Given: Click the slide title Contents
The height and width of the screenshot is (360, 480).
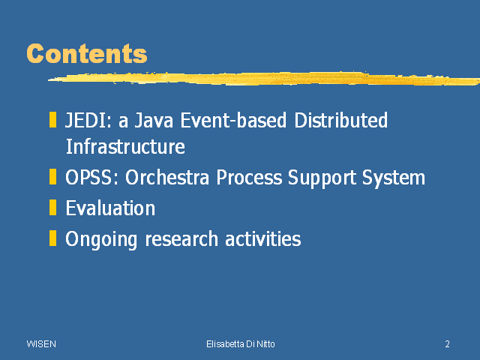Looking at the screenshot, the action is click(x=87, y=53).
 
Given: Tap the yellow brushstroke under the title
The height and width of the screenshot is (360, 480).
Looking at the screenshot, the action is click(x=264, y=78).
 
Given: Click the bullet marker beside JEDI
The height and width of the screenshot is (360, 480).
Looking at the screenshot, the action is click(x=52, y=120).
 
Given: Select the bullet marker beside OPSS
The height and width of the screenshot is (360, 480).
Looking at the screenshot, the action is click(x=52, y=177).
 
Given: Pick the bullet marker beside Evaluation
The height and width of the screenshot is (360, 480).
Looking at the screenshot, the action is click(x=52, y=207).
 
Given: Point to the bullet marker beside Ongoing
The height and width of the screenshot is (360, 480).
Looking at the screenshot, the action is click(x=52, y=238).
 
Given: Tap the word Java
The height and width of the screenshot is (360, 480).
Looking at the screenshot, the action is click(x=154, y=120).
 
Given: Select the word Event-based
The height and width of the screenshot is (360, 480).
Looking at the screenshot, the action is click(x=233, y=120).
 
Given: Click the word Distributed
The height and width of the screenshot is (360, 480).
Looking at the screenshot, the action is click(x=340, y=120).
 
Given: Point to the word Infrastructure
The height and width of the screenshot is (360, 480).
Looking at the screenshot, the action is click(x=125, y=146).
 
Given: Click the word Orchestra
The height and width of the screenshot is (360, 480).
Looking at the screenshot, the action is click(x=166, y=177).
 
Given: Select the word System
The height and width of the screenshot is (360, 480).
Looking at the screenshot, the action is click(x=394, y=178).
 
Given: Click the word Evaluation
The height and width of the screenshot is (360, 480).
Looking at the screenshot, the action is click(x=110, y=208).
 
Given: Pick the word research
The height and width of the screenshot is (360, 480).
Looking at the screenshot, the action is click(x=181, y=238).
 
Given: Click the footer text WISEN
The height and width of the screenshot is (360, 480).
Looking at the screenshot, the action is click(x=41, y=344).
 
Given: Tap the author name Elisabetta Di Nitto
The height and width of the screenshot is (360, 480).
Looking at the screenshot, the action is click(x=241, y=344).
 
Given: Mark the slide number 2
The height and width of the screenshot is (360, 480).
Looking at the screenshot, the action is click(x=447, y=344).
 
